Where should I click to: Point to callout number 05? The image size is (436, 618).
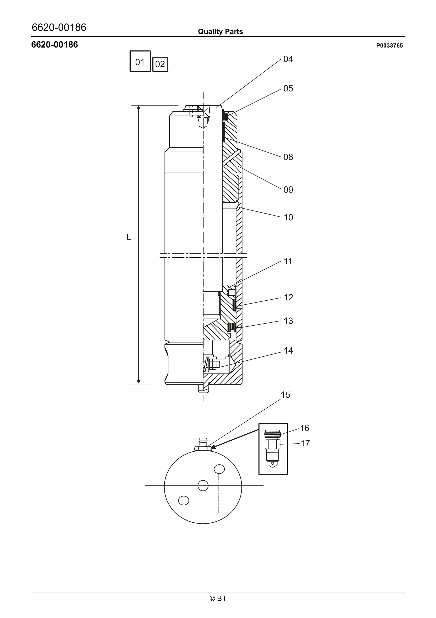tap(288, 89)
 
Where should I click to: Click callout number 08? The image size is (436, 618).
tap(288, 157)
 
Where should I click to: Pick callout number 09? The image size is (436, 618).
tap(288, 190)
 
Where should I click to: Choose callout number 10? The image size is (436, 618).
tap(288, 217)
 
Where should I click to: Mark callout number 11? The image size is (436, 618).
tap(288, 261)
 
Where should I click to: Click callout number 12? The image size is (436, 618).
tap(288, 297)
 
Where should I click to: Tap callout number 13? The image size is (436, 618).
tap(288, 321)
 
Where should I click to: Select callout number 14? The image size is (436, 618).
tap(288, 350)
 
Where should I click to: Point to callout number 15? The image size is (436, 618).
tap(285, 395)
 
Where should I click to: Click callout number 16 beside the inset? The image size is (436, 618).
tap(304, 428)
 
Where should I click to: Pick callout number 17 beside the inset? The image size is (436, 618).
tap(305, 443)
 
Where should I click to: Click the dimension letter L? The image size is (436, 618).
tap(129, 237)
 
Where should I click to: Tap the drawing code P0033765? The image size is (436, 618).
tap(389, 46)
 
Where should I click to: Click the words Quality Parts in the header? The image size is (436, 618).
tap(220, 32)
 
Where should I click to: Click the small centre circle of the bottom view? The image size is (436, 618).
tap(203, 486)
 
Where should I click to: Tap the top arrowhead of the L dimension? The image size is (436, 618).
tap(138, 107)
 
